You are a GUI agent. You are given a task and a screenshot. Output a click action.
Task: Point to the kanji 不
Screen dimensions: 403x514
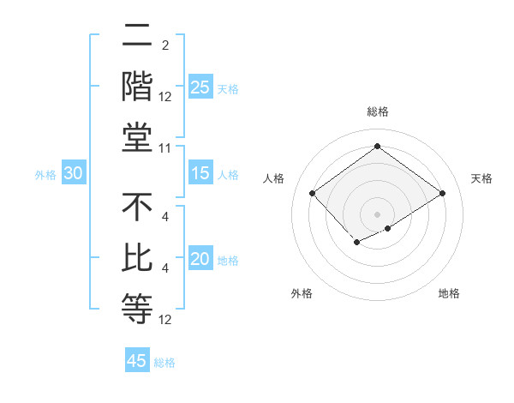click(x=137, y=207)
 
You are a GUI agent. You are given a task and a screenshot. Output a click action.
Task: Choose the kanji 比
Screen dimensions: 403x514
click(x=137, y=258)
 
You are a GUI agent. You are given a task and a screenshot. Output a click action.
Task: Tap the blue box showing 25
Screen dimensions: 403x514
click(x=200, y=87)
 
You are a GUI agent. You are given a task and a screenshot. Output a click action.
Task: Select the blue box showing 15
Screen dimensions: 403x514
click(x=200, y=173)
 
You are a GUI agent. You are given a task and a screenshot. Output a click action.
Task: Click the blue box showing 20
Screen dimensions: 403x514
click(x=200, y=258)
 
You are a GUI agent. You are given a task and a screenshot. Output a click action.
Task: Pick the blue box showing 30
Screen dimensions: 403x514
click(x=73, y=173)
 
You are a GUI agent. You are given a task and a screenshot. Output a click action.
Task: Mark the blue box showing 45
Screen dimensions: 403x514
click(x=137, y=361)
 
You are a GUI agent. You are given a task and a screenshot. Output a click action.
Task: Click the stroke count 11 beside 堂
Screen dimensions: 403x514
click(x=165, y=149)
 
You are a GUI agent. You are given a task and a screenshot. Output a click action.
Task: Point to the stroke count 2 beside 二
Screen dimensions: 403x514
click(x=164, y=45)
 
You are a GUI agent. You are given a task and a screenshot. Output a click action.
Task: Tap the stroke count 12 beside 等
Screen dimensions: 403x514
click(x=165, y=321)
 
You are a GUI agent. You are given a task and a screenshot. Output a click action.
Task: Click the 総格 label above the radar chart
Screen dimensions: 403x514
click(x=377, y=111)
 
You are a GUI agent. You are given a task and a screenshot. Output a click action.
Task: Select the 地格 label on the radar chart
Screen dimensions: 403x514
click(x=449, y=294)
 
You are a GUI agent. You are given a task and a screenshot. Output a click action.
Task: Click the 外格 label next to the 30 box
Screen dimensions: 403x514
click(x=45, y=174)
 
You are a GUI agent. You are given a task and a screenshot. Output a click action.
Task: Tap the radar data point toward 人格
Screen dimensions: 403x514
click(x=313, y=193)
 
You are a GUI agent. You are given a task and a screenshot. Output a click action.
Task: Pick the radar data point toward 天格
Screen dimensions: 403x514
click(x=442, y=193)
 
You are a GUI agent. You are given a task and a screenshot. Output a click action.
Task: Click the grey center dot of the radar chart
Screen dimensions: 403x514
click(x=377, y=214)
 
